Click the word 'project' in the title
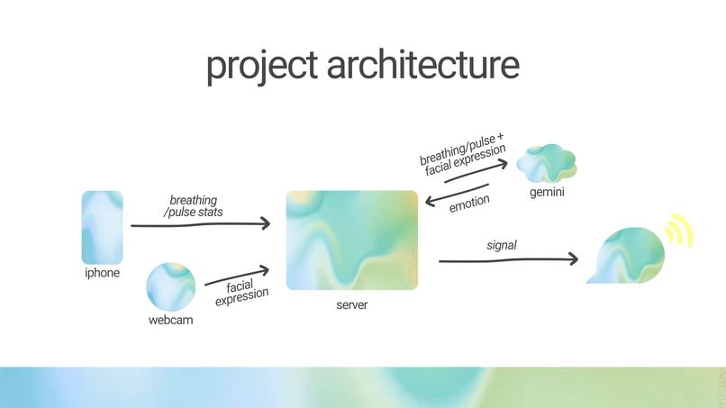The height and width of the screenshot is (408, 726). (260, 65)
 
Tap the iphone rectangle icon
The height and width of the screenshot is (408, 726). (102, 227)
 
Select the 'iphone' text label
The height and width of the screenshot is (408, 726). (102, 273)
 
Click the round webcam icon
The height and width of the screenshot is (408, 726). (170, 284)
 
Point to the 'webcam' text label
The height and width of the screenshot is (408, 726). (170, 319)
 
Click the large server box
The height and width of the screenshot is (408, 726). (352, 240)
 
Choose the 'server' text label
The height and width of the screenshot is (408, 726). (352, 305)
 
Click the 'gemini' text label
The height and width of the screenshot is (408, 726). (546, 193)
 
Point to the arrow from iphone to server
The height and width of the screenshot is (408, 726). (200, 224)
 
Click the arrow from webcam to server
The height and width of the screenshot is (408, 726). (237, 276)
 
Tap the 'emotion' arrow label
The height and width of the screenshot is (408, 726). (469, 206)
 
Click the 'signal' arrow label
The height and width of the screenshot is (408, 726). (501, 244)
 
